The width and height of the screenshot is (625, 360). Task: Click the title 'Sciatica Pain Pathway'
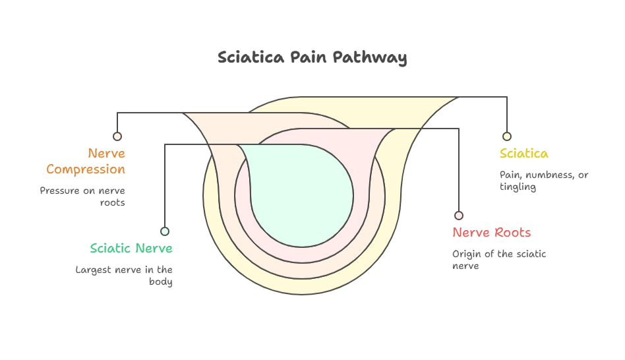312,57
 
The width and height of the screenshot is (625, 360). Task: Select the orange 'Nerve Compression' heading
86,162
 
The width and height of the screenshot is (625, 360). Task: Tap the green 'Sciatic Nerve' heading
131,249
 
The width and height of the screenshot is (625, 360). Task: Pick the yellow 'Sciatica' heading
523,154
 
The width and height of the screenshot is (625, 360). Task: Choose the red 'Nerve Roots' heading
491,233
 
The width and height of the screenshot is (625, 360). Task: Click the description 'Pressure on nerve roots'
83,196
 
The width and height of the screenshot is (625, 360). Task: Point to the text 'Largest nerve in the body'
125,276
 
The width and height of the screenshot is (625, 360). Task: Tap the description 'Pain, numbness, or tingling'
543,181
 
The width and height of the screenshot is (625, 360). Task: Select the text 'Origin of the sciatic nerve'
498,260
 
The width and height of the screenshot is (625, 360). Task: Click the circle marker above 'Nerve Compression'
117,136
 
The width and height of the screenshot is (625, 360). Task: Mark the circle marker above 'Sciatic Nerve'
165,231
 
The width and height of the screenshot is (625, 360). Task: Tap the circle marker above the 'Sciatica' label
507,136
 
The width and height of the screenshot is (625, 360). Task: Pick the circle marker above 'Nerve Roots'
459,216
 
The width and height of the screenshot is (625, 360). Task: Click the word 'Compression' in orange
86,169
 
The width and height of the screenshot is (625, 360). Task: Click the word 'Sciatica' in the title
251,57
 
